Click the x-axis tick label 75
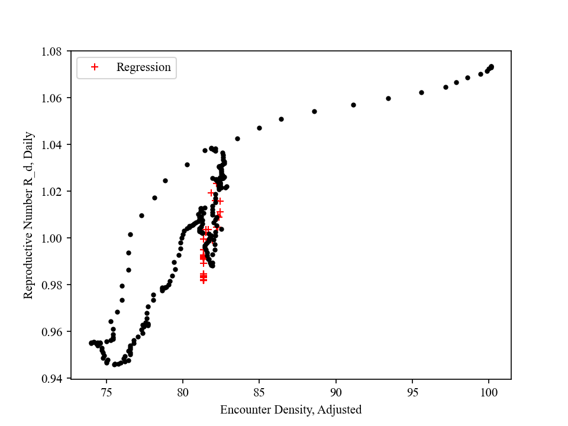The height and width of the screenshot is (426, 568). click(106, 391)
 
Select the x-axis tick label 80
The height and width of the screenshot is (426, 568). click(183, 391)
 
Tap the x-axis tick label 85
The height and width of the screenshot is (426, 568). click(259, 391)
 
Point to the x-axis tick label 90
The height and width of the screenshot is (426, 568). click(335, 391)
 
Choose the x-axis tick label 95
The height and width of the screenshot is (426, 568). click(412, 391)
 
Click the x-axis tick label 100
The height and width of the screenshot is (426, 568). click(488, 391)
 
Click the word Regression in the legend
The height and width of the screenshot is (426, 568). click(143, 67)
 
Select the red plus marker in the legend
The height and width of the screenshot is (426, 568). click(94, 67)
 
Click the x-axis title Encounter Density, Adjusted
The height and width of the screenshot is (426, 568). click(291, 409)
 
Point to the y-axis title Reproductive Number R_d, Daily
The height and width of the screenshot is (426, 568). click(28, 215)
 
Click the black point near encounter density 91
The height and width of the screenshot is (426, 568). click(353, 105)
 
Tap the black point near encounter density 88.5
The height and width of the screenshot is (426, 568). click(314, 111)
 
